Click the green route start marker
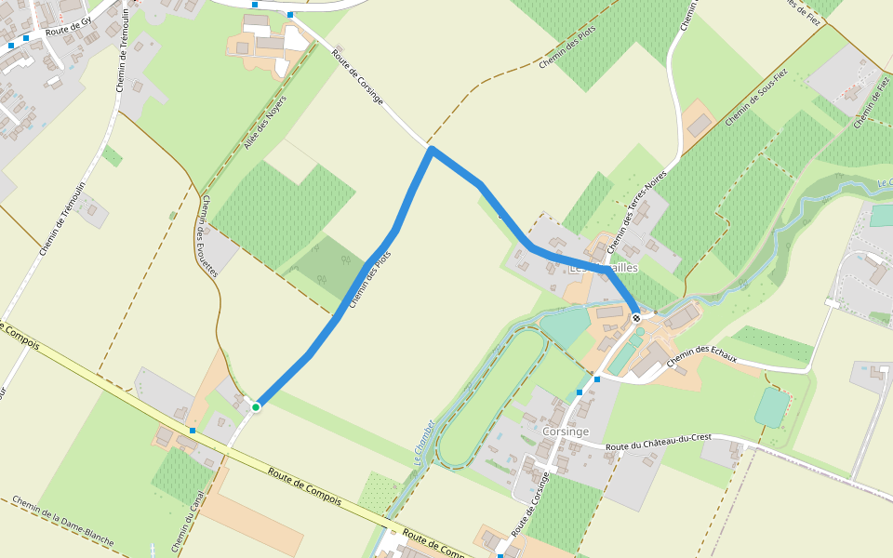point(256,406)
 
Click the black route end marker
point(636,318)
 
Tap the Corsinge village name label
point(565,432)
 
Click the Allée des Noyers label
point(264,123)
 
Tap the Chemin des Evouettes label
point(208,234)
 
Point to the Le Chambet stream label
point(424,442)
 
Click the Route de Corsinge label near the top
point(357,76)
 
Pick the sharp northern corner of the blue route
point(432,150)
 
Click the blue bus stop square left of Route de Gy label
point(11,45)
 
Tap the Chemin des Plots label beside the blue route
point(369,279)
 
